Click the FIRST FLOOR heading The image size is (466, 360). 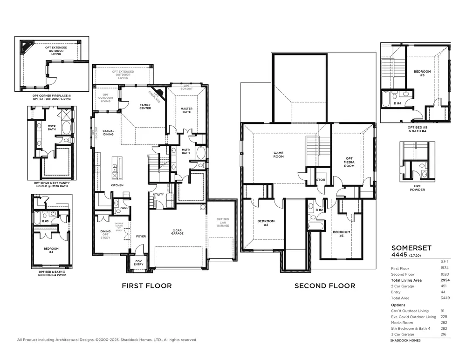[147, 286]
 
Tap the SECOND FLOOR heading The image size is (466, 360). [325, 286]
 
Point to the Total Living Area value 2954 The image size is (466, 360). [445, 280]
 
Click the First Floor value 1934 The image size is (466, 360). [445, 268]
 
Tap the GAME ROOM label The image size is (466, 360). [278, 155]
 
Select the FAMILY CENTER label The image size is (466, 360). [145, 107]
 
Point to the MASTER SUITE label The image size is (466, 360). [186, 110]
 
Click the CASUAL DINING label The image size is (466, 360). [109, 133]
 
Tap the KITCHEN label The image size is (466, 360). [117, 185]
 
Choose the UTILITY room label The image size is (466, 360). [158, 195]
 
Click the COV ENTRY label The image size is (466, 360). [139, 263]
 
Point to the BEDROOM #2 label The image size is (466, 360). [266, 223]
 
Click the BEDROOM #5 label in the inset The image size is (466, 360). [419, 73]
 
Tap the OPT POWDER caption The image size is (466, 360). [417, 188]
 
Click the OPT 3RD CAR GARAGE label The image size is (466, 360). [223, 222]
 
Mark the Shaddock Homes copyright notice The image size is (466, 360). [107, 340]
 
